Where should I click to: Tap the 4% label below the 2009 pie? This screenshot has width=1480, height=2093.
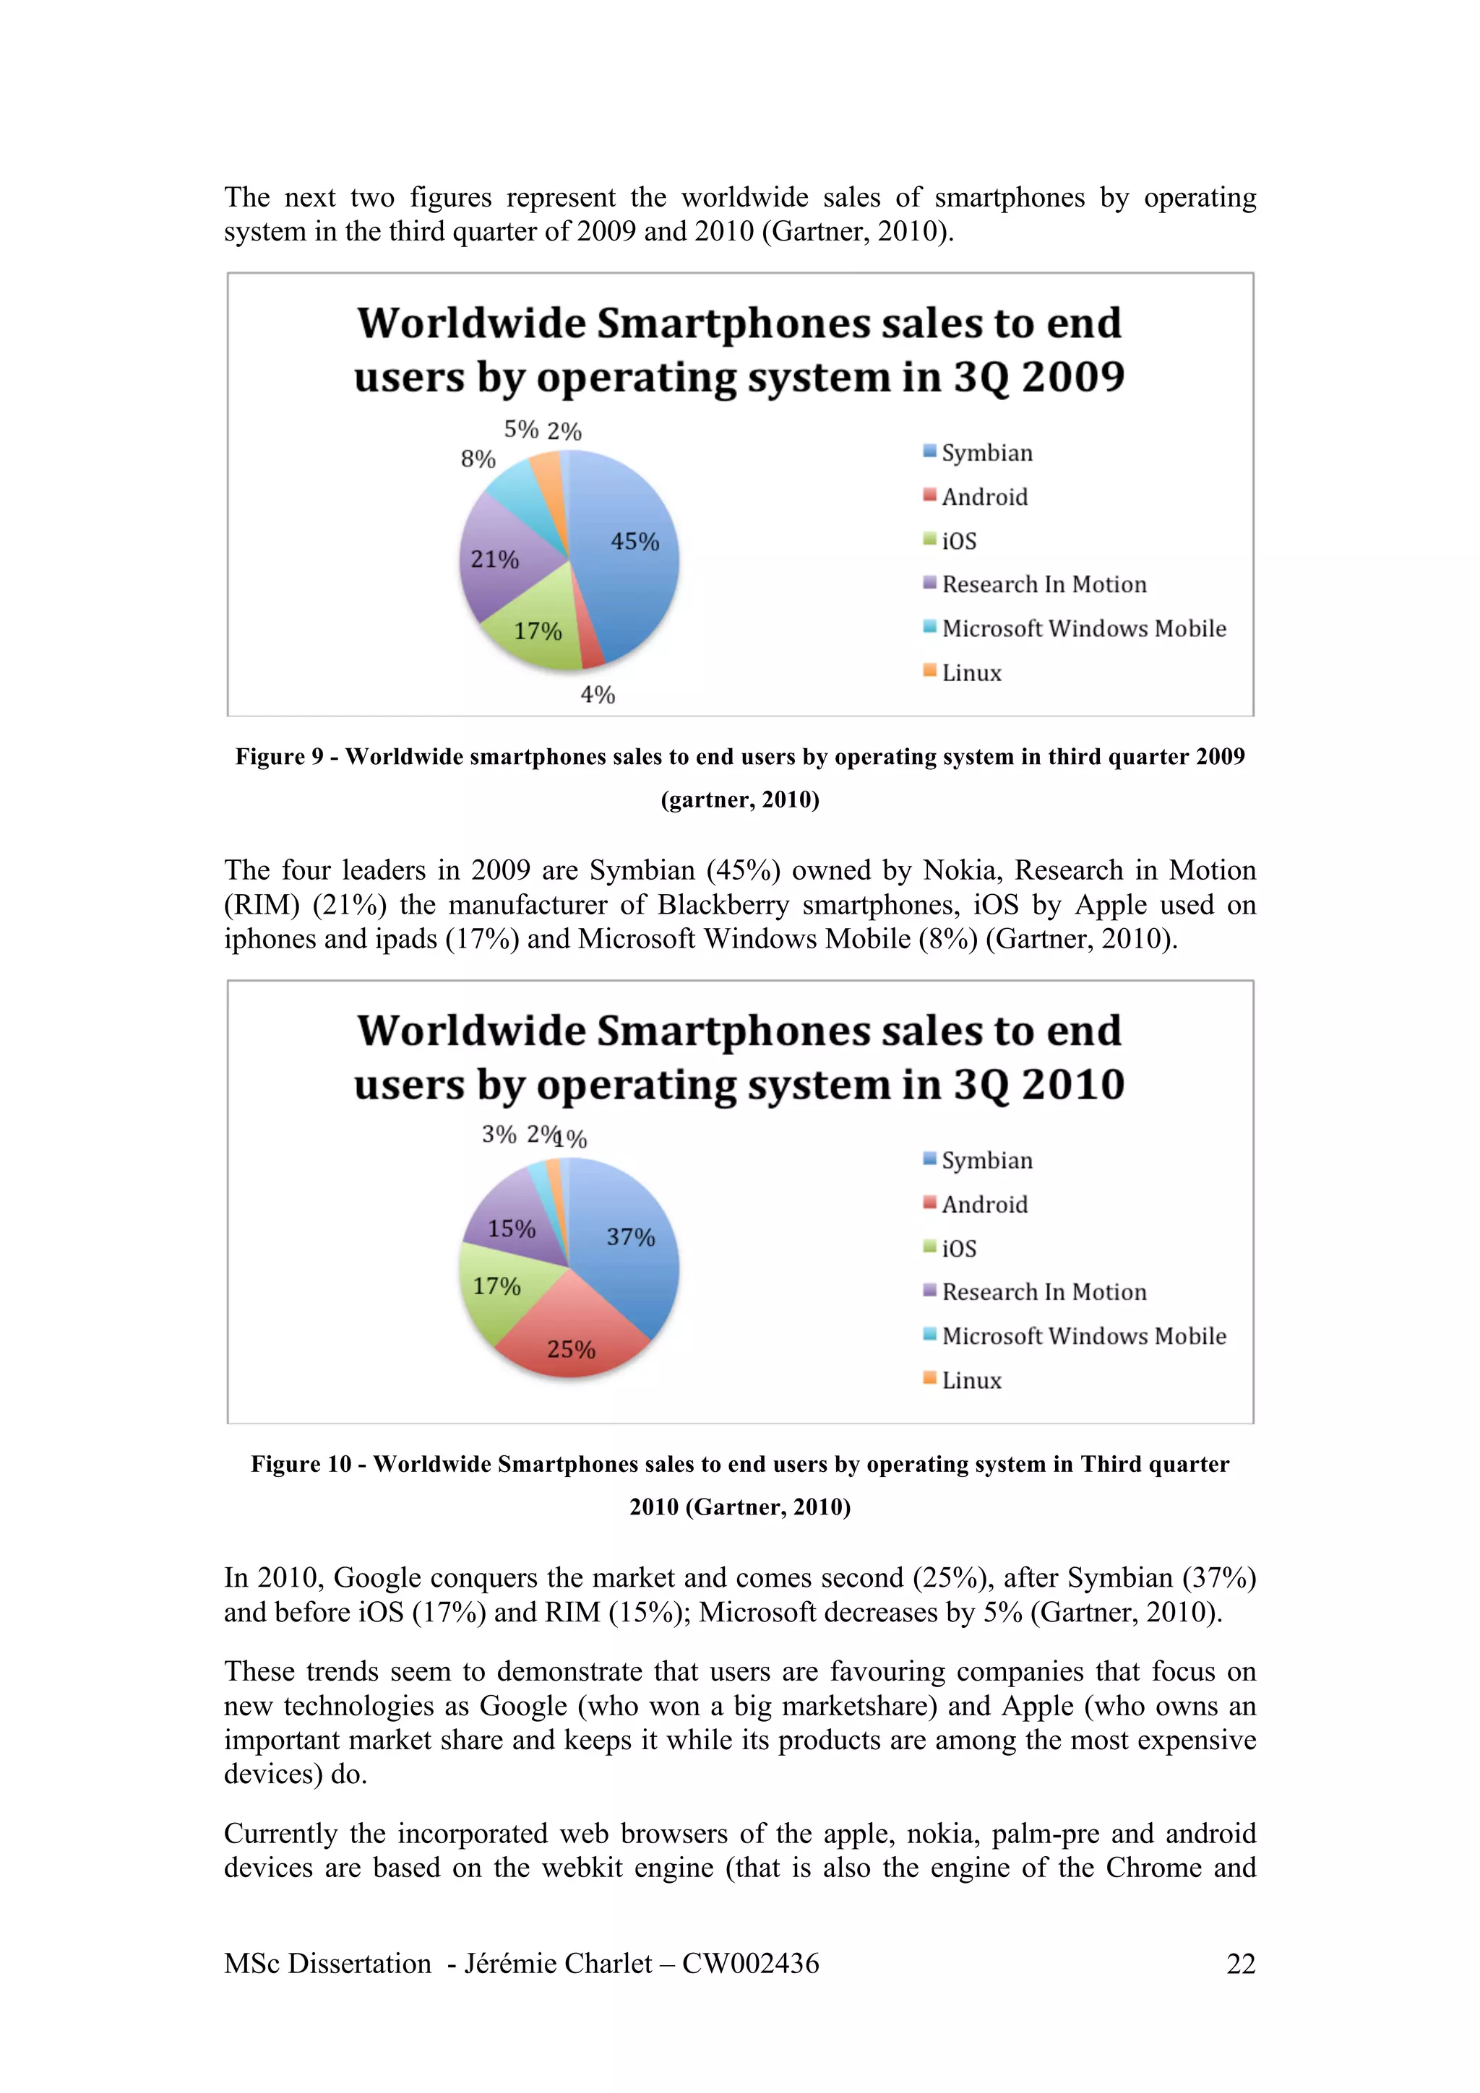coord(598,695)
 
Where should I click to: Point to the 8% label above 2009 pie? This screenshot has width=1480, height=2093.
coord(478,459)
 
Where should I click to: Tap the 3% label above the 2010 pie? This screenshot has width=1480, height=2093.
coord(499,1134)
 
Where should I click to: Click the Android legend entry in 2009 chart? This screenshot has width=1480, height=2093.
coord(984,497)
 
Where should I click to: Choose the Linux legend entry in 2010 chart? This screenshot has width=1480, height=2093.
coord(971,1380)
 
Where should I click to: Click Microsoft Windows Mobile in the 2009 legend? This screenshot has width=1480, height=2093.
coord(1083,628)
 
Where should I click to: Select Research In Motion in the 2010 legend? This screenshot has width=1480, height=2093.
coord(1044,1292)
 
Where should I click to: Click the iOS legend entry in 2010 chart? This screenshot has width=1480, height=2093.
coord(958,1248)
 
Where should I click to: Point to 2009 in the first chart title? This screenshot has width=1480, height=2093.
coord(1072,376)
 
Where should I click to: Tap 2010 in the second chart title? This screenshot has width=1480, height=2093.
coord(1072,1084)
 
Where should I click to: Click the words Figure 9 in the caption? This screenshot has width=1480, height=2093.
coord(279,757)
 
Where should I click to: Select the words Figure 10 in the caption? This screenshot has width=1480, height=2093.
coord(301,1464)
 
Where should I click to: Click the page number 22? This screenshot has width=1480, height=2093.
coord(1240,1963)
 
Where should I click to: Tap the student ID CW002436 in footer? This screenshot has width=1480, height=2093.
coord(751,1963)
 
